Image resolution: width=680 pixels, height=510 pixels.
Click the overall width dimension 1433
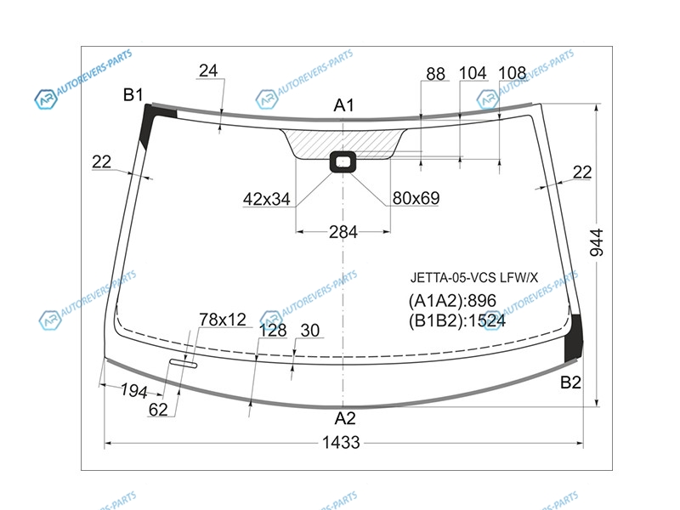341,443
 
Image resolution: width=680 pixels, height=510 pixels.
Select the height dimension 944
598,242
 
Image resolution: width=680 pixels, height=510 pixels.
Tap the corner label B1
133,94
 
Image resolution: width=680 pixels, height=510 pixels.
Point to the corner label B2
570,382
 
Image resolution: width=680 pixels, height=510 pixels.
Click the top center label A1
344,105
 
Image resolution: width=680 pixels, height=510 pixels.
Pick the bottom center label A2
345,418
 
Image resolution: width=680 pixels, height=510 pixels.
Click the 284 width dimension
343,232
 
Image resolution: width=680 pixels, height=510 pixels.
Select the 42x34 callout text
266,199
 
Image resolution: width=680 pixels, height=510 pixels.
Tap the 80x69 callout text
416,198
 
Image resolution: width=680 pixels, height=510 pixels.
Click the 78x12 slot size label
223,320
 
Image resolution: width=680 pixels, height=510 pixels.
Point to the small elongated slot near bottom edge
184,364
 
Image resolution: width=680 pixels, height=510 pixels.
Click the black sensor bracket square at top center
343,161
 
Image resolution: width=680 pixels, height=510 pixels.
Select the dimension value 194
133,391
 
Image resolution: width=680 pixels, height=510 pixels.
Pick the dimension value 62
158,410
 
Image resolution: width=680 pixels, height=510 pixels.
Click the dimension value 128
273,331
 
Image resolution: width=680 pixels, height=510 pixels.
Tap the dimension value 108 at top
513,73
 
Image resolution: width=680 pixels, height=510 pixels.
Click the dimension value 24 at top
208,71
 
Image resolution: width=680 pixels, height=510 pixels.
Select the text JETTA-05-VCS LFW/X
474,277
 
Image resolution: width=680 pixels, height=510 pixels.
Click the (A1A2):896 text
452,301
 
